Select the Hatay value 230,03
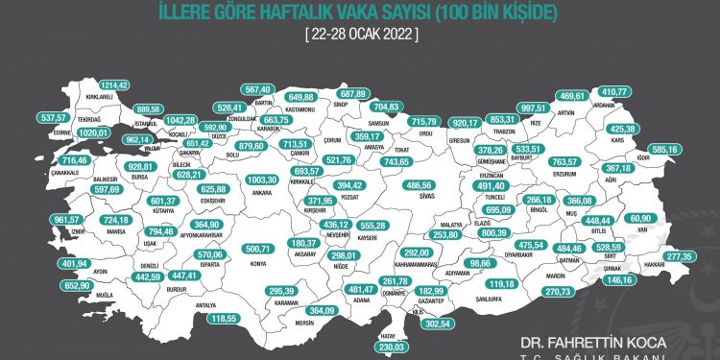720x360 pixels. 393,347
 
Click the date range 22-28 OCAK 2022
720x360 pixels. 360,33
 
